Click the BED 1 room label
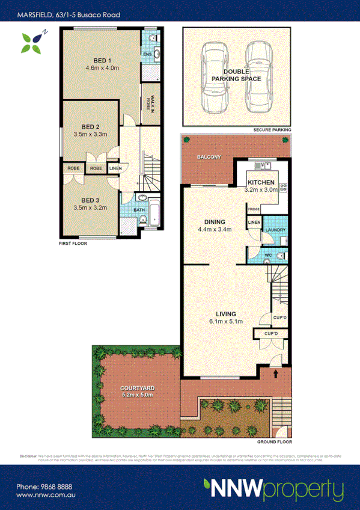(102, 59)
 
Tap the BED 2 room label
(90, 127)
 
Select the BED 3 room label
(90, 200)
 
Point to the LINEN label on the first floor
(115, 168)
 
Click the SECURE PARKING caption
(272, 130)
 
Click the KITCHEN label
(261, 182)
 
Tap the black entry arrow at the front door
(276, 373)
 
